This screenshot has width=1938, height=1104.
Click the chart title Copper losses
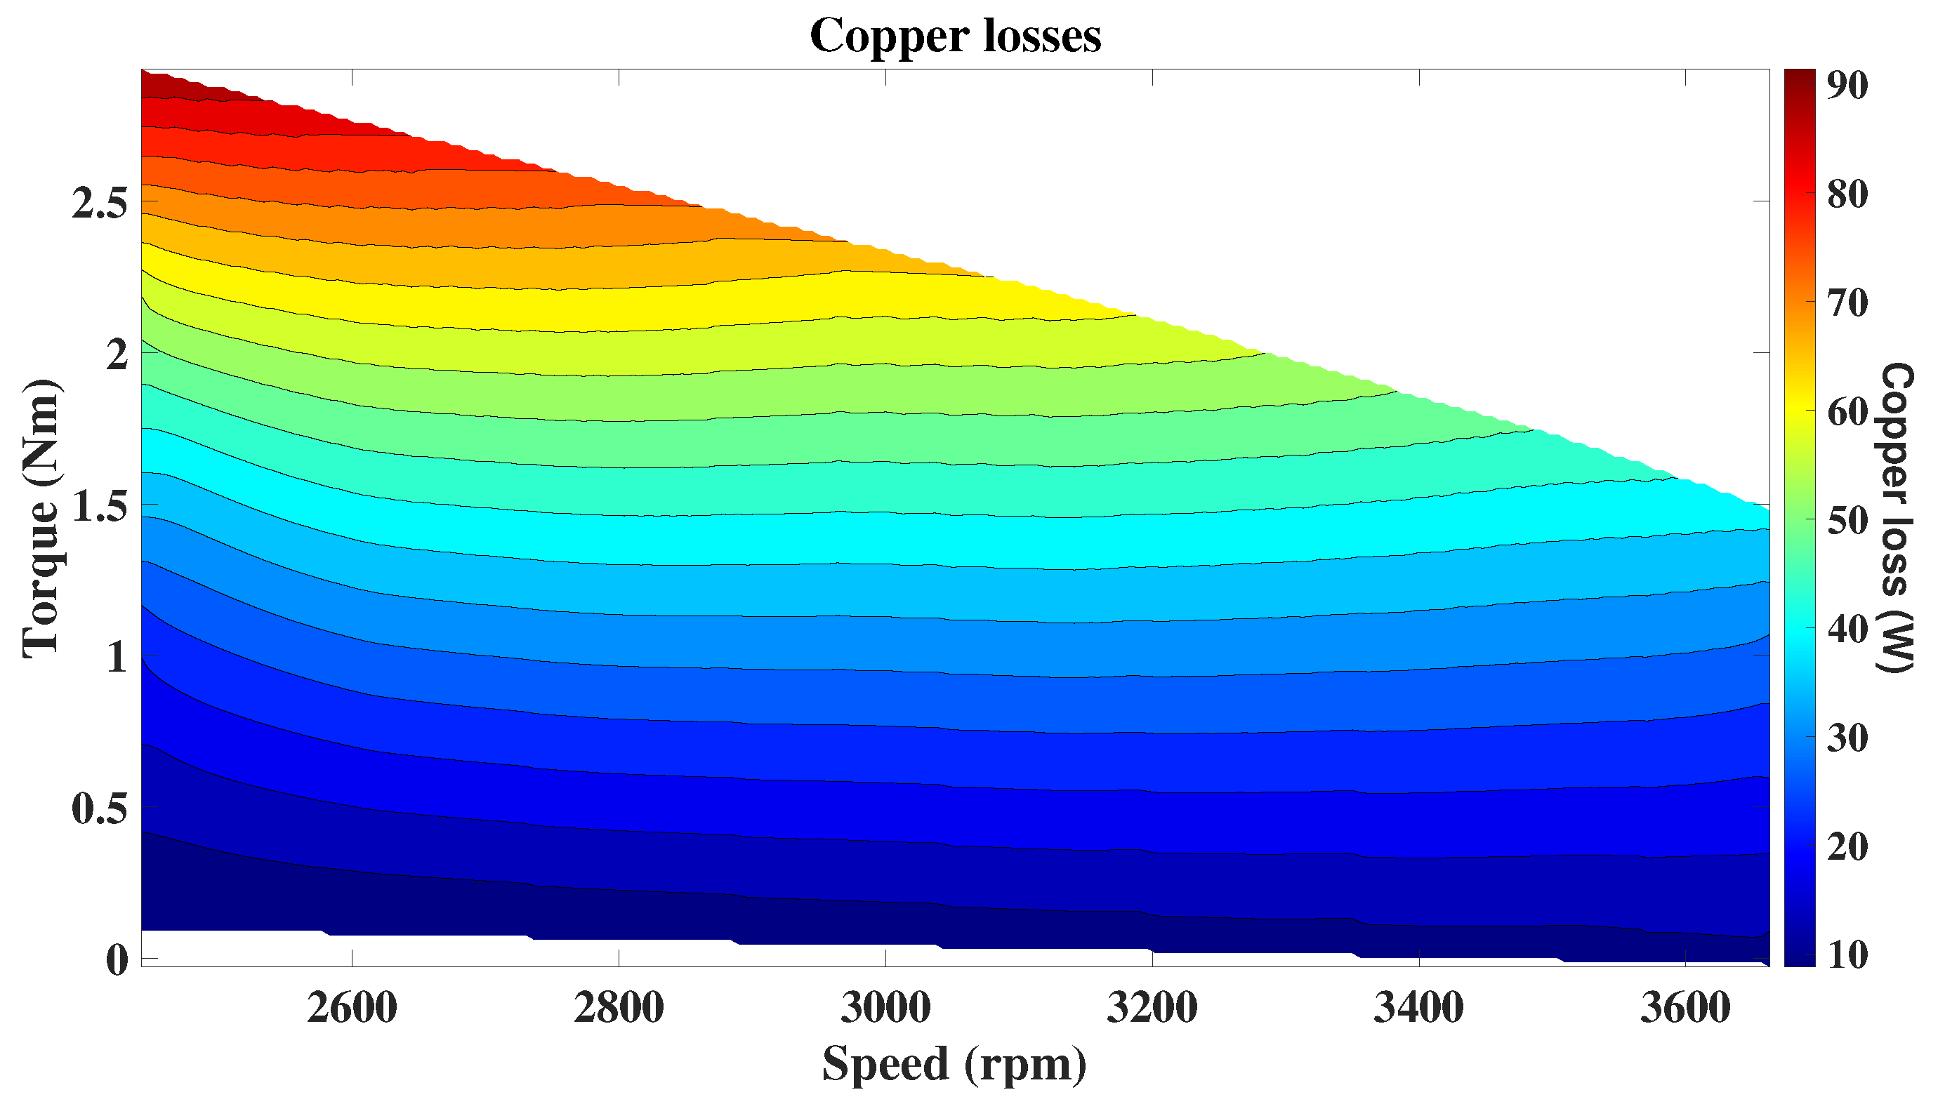tap(955, 36)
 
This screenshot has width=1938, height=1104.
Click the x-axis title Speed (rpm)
tap(954, 1063)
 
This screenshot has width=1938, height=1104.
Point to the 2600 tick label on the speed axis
tap(352, 1009)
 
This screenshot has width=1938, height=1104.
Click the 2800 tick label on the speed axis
tap(618, 1009)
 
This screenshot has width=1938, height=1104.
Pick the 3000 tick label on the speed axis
tap(885, 1009)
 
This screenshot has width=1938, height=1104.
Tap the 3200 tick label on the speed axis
tap(1152, 1009)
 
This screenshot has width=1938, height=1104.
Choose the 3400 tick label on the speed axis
tap(1418, 1009)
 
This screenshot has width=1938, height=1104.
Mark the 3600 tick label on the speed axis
tap(1685, 1009)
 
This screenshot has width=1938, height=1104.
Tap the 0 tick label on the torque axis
tap(117, 960)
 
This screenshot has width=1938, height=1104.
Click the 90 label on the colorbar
tap(1847, 86)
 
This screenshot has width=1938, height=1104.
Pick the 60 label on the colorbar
tap(1847, 412)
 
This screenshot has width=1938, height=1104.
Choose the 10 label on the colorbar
tap(1847, 955)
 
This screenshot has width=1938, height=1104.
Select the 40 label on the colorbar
tap(1847, 630)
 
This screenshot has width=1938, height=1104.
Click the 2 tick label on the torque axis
tap(117, 354)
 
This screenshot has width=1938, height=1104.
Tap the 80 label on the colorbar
tap(1847, 194)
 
